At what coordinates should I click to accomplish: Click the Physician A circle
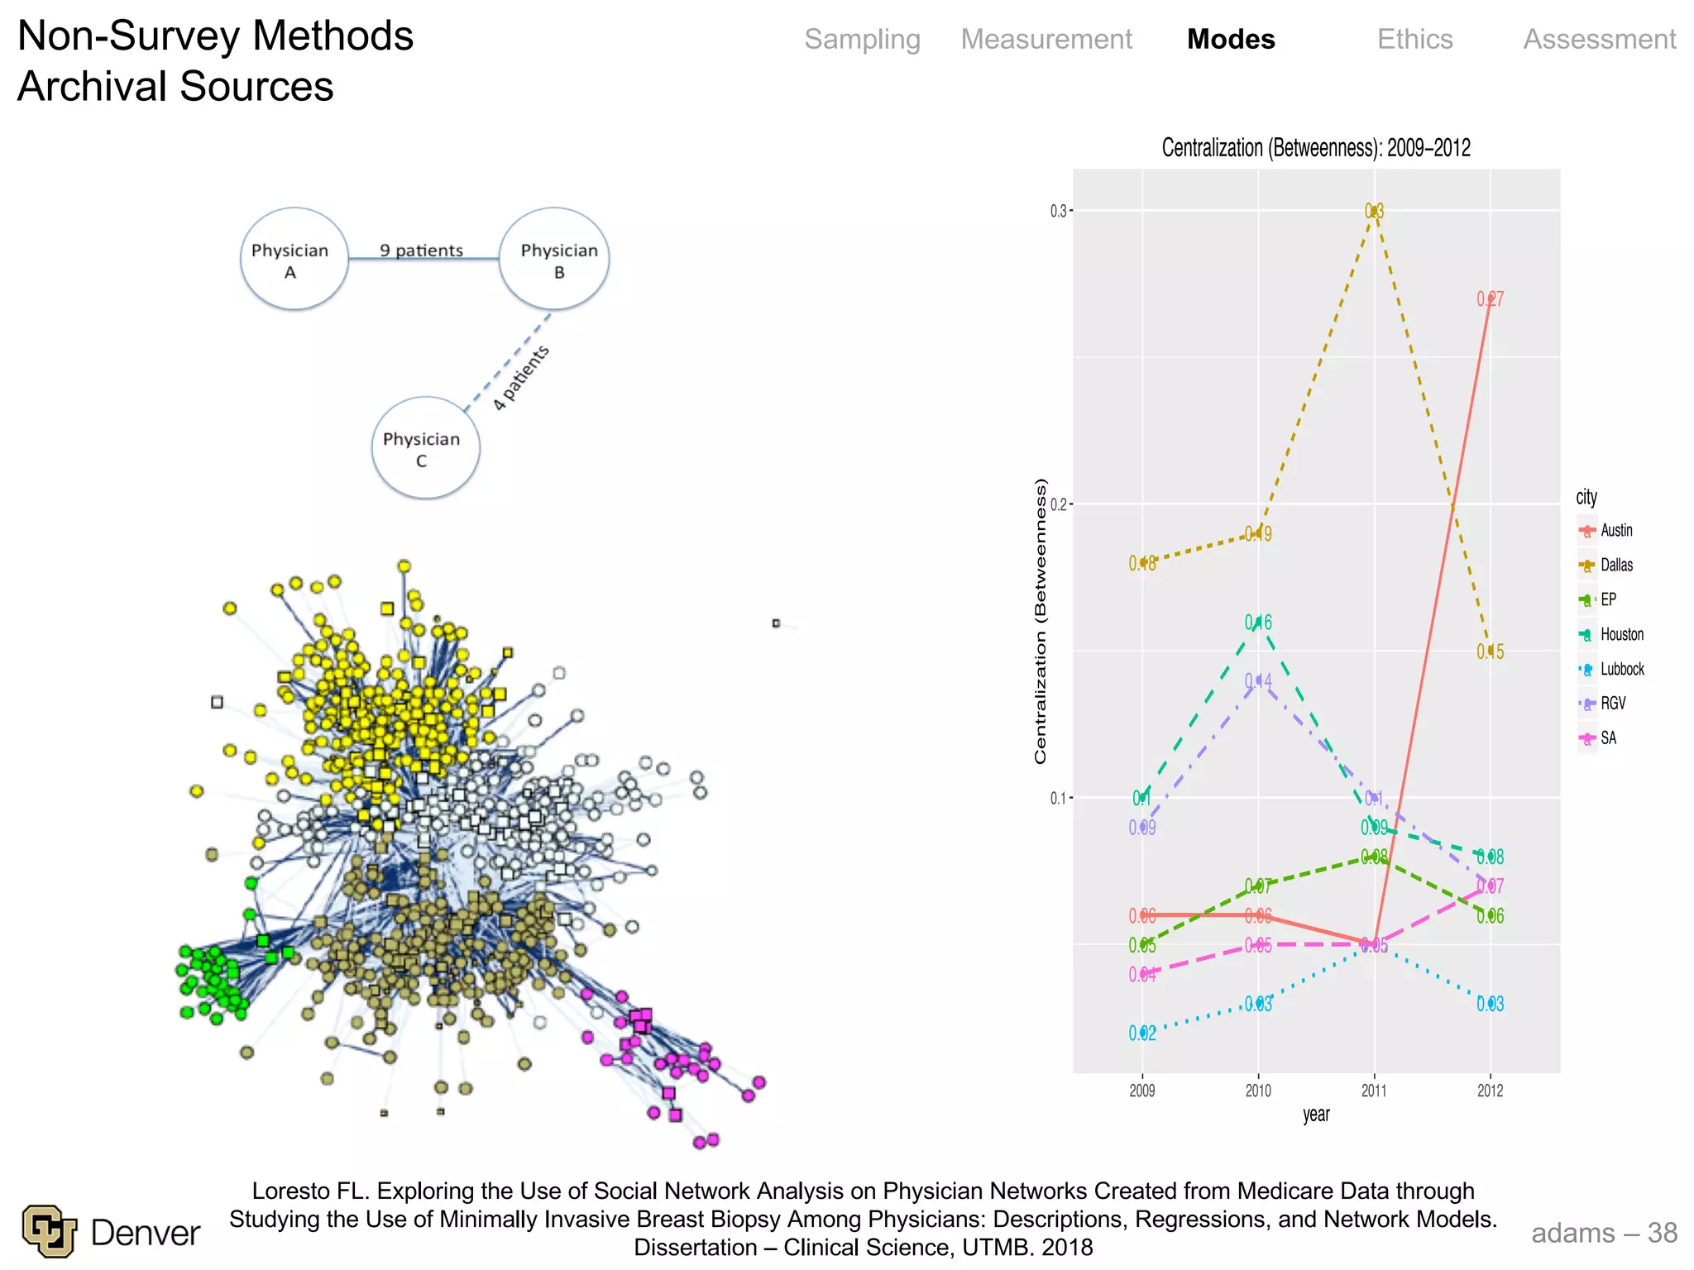point(294,260)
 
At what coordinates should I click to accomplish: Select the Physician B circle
point(555,260)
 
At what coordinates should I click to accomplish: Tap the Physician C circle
point(425,448)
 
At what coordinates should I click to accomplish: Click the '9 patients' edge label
point(421,251)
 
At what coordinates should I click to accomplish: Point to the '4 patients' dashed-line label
point(521,378)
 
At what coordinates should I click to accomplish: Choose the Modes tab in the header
point(1231,40)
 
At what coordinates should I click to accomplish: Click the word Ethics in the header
point(1414,40)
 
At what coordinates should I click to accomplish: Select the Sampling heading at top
point(862,40)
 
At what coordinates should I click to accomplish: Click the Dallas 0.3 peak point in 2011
point(1374,211)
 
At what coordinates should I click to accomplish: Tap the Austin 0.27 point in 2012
point(1490,298)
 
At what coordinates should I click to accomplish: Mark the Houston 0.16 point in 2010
point(1258,622)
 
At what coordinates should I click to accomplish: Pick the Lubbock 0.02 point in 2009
point(1142,1033)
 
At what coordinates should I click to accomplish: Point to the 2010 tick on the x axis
point(1258,1091)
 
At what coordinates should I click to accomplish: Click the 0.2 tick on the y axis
point(1059,504)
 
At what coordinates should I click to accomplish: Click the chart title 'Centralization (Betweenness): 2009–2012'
point(1316,148)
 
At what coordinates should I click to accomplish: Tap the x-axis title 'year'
point(1316,1115)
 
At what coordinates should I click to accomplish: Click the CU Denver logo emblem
point(50,1231)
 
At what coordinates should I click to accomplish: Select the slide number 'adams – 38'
point(1603,1233)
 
